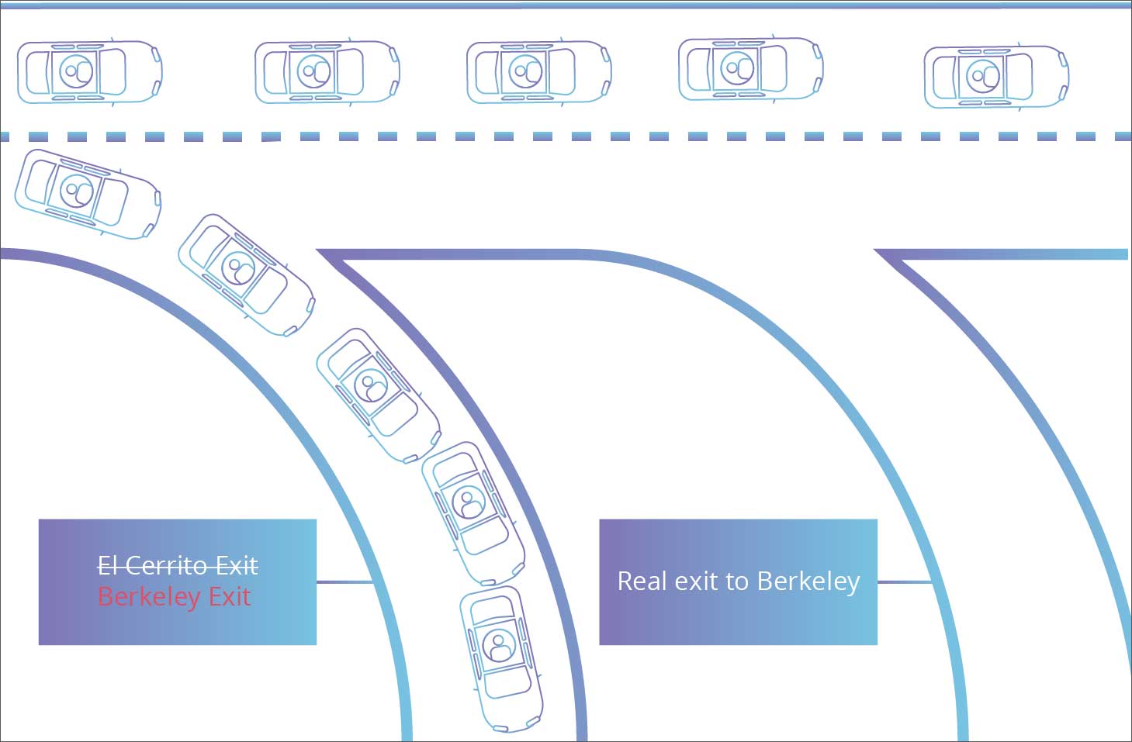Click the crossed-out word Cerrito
coord(169,565)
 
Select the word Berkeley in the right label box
coord(808,581)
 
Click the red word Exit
coord(230,596)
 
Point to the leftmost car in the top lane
coord(89,72)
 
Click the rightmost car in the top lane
coord(996,77)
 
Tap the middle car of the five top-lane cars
coord(538,72)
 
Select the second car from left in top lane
coord(327,72)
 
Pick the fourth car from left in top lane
coord(750,69)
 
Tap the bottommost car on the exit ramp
coord(501,658)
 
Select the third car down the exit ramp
coord(378,394)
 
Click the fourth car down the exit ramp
coord(473,512)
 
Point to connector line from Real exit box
coord(904,582)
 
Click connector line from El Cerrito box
coord(344,582)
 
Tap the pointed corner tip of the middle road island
coord(320,252)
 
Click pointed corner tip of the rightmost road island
coord(878,252)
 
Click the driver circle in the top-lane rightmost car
coord(984,77)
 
